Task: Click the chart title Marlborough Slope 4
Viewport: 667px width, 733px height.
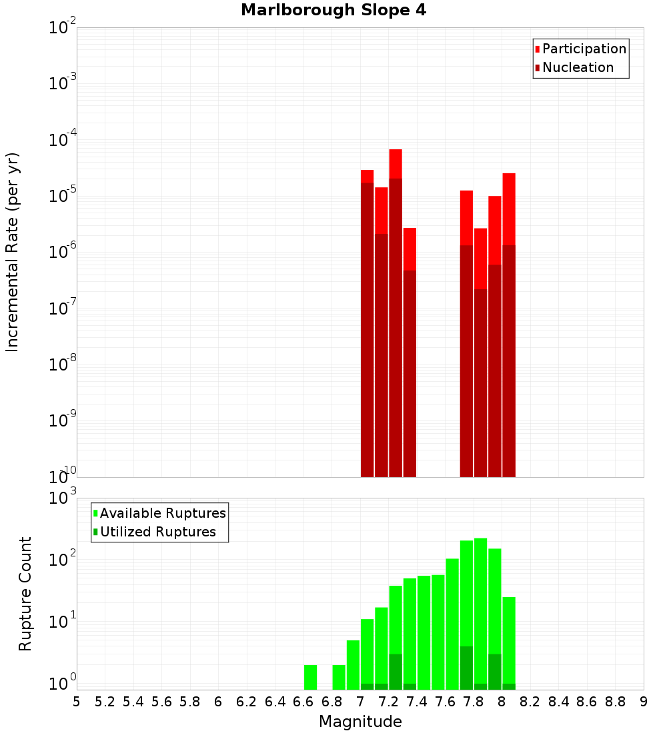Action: tap(333, 11)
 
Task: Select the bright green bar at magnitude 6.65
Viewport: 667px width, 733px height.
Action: tap(310, 676)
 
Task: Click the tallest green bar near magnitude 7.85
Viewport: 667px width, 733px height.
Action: tap(480, 600)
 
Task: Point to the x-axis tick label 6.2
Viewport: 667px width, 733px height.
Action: tap(247, 702)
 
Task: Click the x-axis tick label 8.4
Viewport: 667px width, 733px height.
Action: tap(559, 702)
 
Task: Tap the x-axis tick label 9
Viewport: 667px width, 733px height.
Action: tap(644, 702)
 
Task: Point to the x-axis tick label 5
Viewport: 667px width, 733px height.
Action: tap(77, 702)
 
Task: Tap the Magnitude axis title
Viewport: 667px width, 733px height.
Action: tap(360, 722)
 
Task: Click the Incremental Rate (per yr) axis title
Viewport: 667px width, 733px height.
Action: tap(13, 252)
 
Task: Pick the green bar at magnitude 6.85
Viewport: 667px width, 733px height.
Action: tap(339, 676)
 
